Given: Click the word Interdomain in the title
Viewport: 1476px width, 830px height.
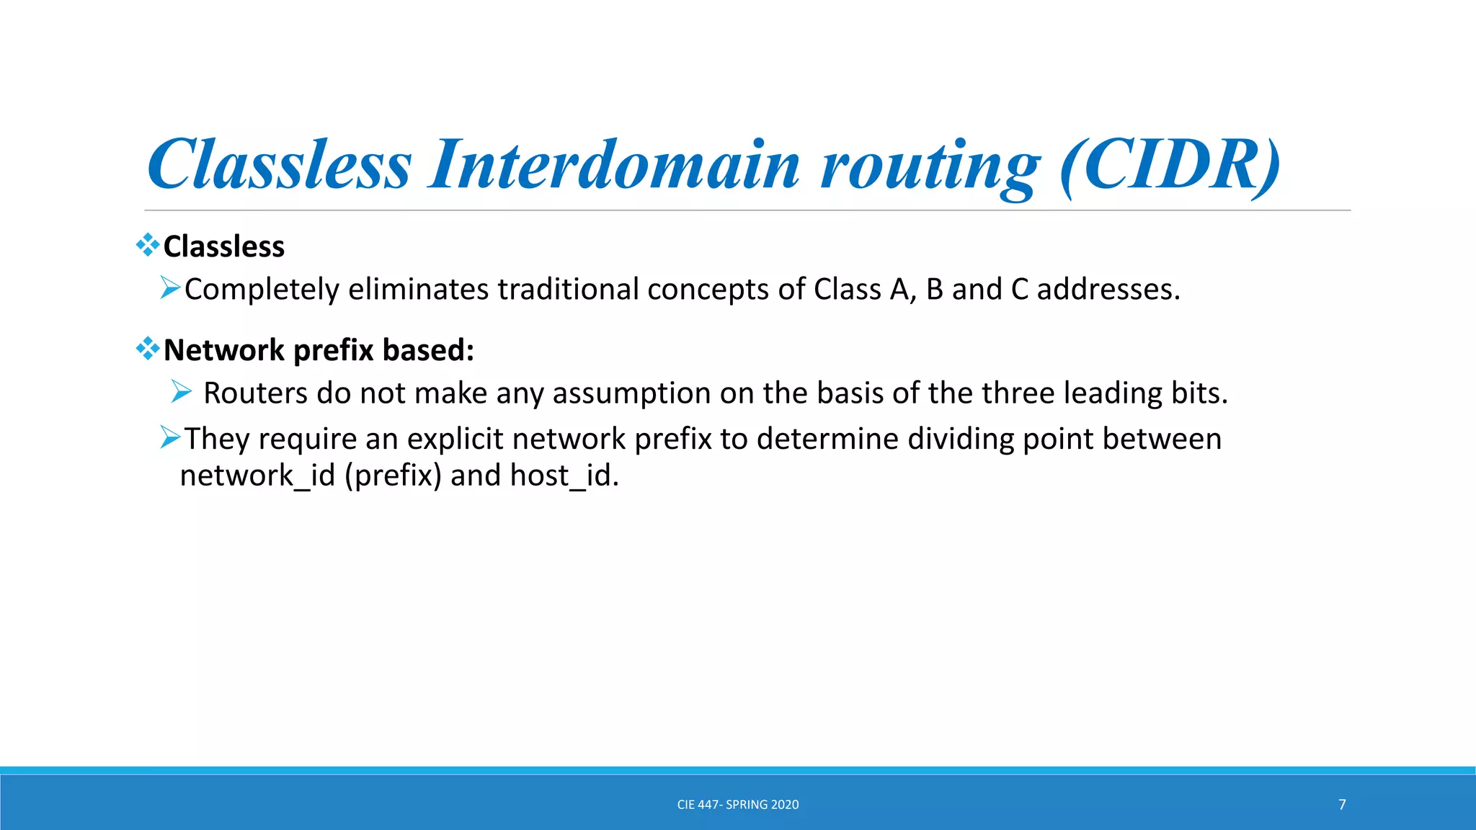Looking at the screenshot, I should pyautogui.click(x=613, y=165).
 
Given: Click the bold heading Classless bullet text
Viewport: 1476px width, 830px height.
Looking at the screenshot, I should pyautogui.click(x=224, y=246).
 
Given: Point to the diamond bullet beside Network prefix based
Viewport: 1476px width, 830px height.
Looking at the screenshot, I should pyautogui.click(x=148, y=349).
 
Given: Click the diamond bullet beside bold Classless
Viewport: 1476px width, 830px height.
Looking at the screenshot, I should pyautogui.click(x=148, y=245).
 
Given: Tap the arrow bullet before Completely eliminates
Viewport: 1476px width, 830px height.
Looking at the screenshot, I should pyautogui.click(x=170, y=288).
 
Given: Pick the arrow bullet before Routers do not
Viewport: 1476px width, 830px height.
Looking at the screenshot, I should pyautogui.click(x=182, y=392).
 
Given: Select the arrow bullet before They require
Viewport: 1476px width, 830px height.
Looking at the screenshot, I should pyautogui.click(x=170, y=437).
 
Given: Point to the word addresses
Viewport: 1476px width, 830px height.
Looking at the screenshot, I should pyautogui.click(x=1108, y=289).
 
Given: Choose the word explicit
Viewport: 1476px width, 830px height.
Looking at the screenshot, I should pyautogui.click(x=455, y=439).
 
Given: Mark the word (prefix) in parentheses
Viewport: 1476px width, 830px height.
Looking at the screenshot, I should pyautogui.click(x=393, y=476).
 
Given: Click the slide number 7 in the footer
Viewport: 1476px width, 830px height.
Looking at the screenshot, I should pyautogui.click(x=1342, y=805).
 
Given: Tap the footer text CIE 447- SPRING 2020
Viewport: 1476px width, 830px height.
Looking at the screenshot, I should pyautogui.click(x=738, y=805).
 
